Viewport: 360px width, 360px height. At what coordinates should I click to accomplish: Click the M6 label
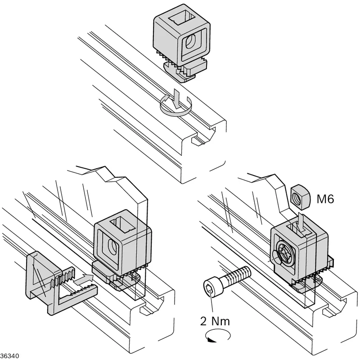[325, 198]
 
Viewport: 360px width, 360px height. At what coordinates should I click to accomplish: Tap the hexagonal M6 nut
[300, 197]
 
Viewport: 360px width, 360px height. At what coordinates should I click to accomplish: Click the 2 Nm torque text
[215, 321]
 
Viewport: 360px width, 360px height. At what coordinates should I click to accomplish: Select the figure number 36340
[9, 356]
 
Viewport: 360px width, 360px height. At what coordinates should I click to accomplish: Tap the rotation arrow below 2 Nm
[218, 336]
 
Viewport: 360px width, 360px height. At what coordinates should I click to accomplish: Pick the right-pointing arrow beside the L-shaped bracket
[84, 279]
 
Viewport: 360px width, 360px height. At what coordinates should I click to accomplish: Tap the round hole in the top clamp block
[190, 41]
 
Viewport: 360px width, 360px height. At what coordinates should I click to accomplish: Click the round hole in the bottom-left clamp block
[112, 247]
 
